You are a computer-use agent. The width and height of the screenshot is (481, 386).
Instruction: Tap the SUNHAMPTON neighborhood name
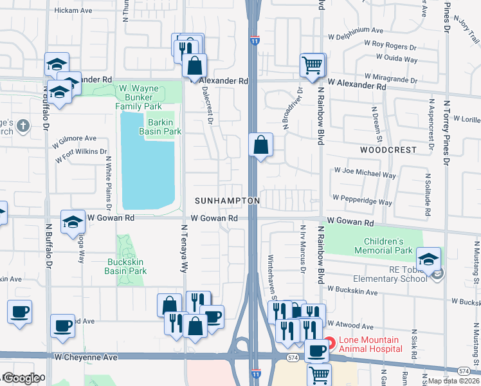pos(228,201)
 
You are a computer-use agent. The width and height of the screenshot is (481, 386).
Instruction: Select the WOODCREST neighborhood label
pos(388,149)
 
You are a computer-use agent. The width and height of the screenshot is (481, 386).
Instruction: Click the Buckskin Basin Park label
pos(125,266)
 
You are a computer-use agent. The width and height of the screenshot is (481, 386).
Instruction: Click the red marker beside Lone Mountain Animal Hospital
pos(329,344)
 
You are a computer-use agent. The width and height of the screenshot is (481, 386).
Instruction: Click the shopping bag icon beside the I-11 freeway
pos(260,145)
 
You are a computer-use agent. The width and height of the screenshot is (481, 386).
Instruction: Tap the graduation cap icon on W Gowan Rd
pos(73,222)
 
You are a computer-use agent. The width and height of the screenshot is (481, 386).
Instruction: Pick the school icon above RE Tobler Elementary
pos(428,259)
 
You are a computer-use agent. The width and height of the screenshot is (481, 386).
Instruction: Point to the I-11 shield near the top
pos(255,40)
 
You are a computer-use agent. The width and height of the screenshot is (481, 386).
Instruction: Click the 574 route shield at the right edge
pos(463,371)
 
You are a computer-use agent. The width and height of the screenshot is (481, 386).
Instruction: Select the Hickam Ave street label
pos(74,11)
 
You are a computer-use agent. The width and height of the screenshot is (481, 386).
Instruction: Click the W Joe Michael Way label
pos(364,174)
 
